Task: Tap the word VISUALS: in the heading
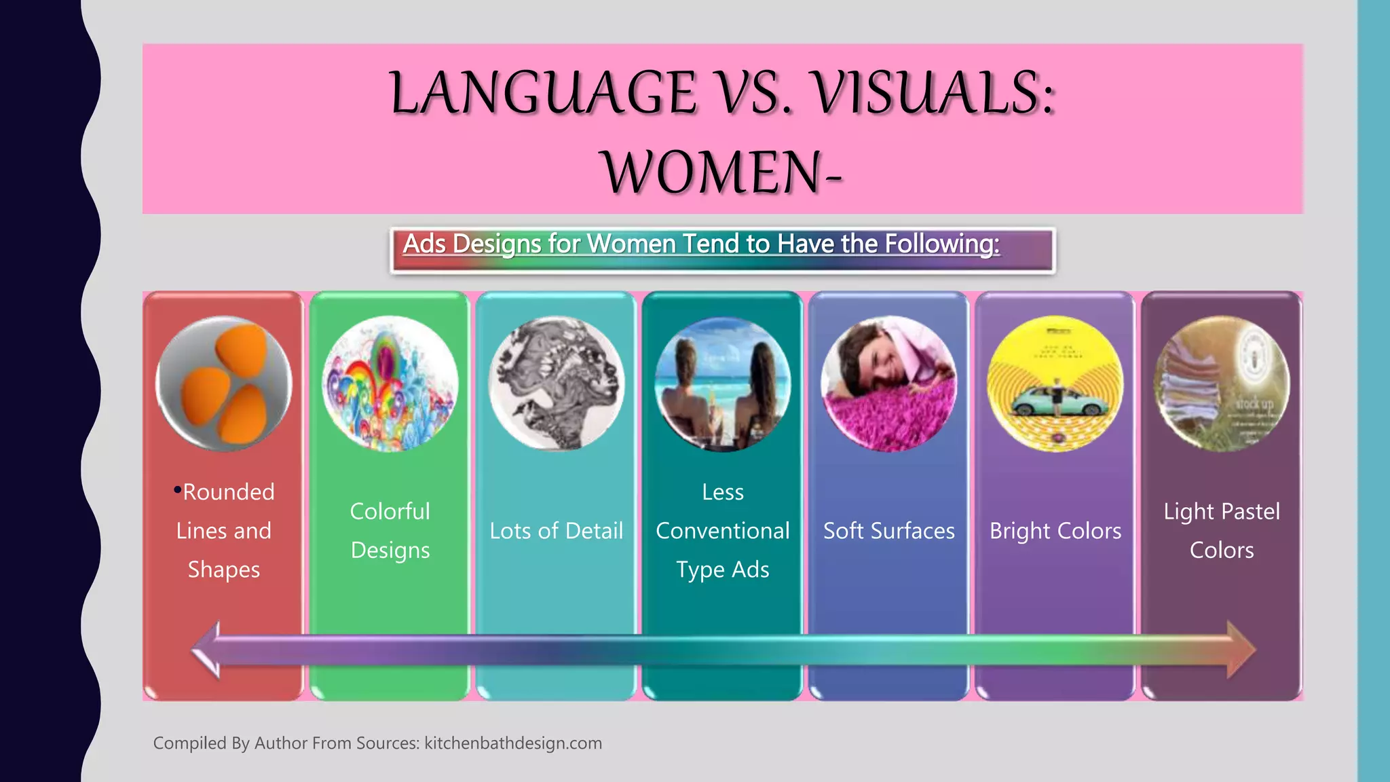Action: pyautogui.click(x=934, y=93)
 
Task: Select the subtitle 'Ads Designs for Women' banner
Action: pyautogui.click(x=722, y=250)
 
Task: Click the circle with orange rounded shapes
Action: pyautogui.click(x=224, y=384)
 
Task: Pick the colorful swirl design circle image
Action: pyautogui.click(x=390, y=384)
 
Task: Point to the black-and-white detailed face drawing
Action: pyautogui.click(x=557, y=384)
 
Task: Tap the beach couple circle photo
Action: pyautogui.click(x=723, y=384)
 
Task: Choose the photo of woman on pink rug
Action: pyautogui.click(x=889, y=384)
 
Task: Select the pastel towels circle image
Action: pyautogui.click(x=1222, y=384)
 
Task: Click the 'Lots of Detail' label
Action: pyautogui.click(x=557, y=531)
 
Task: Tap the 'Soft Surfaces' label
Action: pyautogui.click(x=889, y=531)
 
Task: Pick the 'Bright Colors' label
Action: pyautogui.click(x=1055, y=531)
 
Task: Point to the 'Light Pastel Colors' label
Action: pyautogui.click(x=1222, y=531)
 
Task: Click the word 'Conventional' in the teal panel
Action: pyautogui.click(x=723, y=531)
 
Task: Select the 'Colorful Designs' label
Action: pyautogui.click(x=390, y=531)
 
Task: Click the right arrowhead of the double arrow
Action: pyautogui.click(x=1241, y=650)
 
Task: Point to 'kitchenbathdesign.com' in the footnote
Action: pyautogui.click(x=513, y=743)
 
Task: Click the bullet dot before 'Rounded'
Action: pyautogui.click(x=177, y=489)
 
